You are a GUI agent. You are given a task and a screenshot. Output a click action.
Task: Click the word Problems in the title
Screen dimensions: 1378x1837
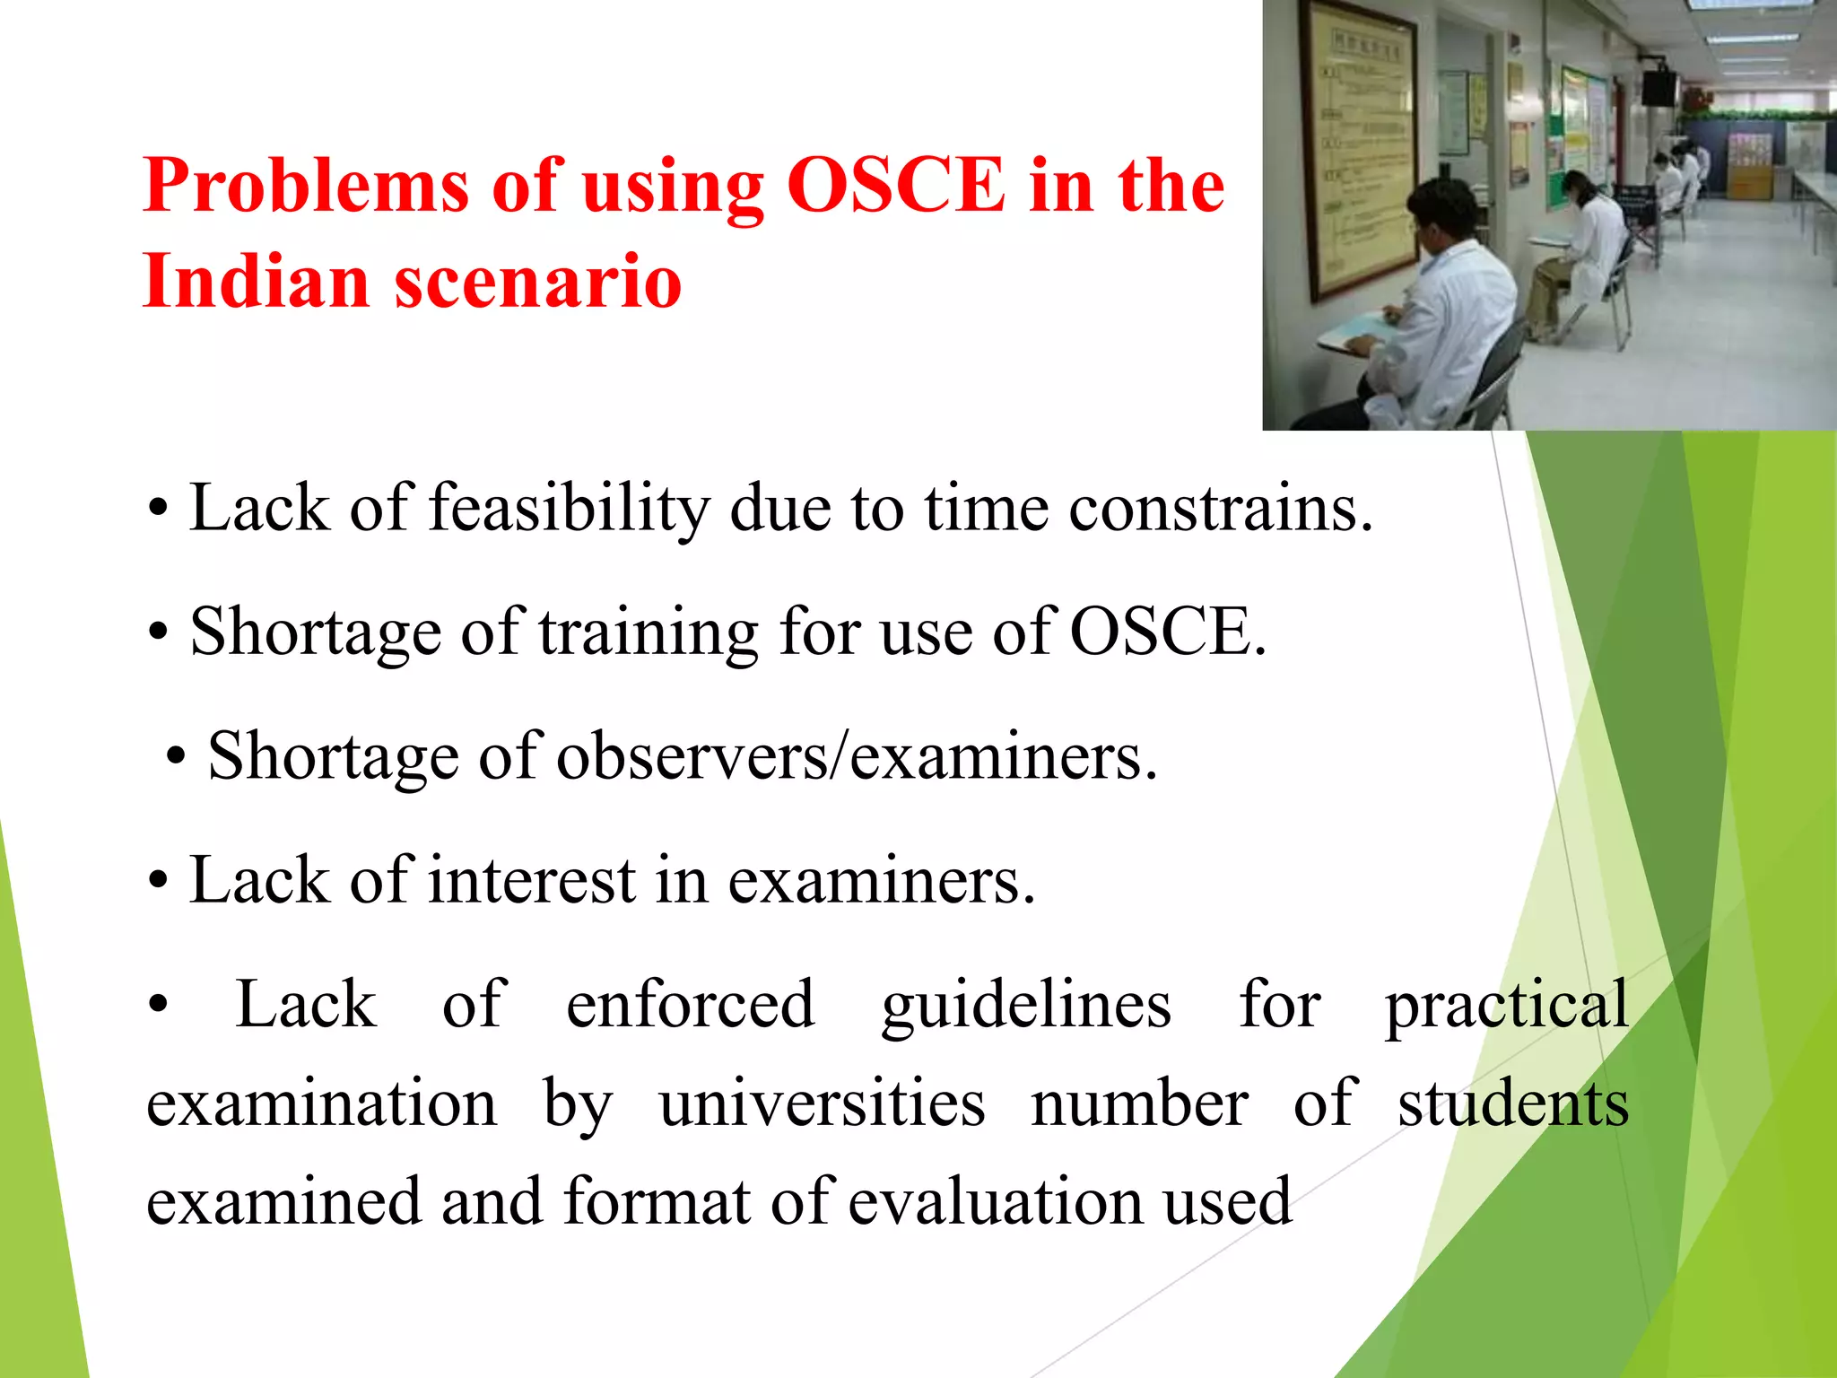pos(305,186)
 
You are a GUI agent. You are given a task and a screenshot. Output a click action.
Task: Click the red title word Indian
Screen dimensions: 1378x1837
pos(256,282)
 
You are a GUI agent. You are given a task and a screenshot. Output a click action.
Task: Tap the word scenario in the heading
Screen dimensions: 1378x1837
pos(538,282)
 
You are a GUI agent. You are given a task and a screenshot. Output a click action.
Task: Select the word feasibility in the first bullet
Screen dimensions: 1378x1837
pos(569,510)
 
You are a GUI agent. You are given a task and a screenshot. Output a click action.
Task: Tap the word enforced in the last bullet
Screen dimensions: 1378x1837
pos(690,1005)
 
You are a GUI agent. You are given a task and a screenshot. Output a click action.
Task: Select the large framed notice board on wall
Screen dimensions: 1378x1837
pos(1358,148)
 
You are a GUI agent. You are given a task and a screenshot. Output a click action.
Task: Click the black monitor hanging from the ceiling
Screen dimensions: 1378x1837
pos(1659,85)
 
